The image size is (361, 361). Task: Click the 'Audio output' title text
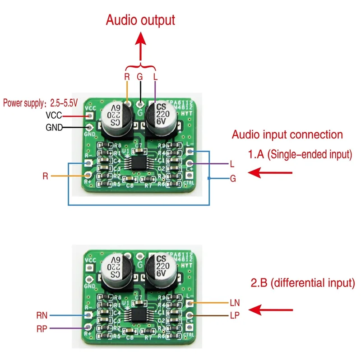click(140, 20)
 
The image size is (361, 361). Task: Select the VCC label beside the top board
click(54, 116)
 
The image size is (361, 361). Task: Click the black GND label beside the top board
click(54, 127)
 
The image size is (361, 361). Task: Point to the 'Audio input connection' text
click(287, 134)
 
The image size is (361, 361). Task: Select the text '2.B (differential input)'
click(302, 284)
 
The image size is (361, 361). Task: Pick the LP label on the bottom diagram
click(235, 315)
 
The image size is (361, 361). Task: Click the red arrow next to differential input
click(270, 310)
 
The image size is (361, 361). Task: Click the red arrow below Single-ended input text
click(270, 172)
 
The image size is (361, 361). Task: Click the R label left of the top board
click(45, 176)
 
